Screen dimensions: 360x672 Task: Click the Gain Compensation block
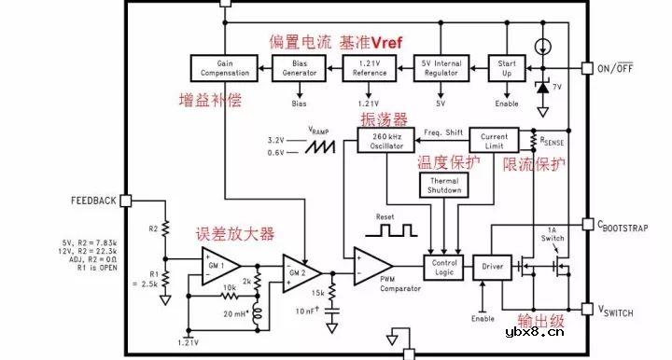(x=222, y=66)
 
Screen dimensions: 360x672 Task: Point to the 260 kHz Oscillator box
(x=385, y=140)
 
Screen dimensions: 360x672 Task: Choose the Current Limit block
(x=494, y=140)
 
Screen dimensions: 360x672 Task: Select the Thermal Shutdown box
(x=444, y=185)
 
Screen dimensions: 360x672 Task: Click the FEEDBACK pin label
(x=92, y=201)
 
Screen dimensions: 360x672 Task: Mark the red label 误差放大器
(x=234, y=233)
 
